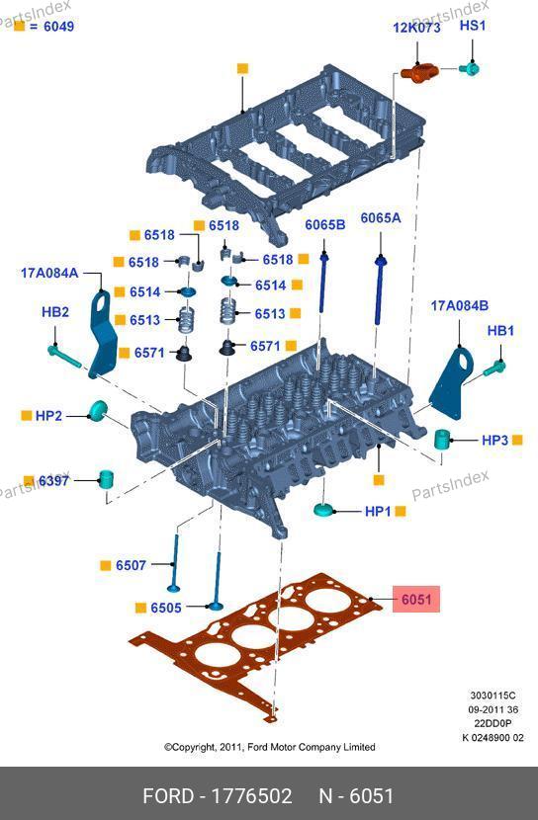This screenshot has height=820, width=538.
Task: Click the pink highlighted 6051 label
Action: click(416, 599)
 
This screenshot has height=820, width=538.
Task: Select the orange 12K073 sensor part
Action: click(418, 72)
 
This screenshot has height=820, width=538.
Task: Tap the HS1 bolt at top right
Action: click(470, 68)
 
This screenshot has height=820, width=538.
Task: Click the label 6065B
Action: click(325, 225)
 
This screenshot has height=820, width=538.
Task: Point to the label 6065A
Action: click(381, 217)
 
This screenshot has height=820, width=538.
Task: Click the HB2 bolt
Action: click(64, 356)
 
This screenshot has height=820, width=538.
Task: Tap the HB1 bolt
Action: click(494, 368)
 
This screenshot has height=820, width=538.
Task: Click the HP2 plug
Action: click(97, 411)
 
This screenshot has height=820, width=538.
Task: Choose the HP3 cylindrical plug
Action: click(443, 439)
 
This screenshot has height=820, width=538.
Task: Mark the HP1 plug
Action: click(324, 510)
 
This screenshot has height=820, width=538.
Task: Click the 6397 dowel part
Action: click(107, 479)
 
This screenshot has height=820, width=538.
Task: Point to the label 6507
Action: click(131, 565)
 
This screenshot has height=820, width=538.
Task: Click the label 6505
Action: click(166, 608)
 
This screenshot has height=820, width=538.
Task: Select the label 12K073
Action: click(416, 28)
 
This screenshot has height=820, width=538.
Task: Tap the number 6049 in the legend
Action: click(58, 26)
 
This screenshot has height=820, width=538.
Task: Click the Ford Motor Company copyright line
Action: click(270, 747)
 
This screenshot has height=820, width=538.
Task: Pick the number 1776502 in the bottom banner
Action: click(250, 796)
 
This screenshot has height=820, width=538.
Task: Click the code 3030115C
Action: click(493, 696)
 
